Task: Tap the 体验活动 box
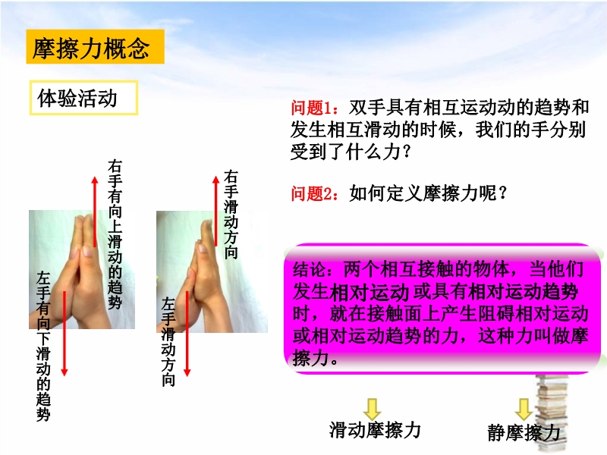pyautogui.click(x=83, y=98)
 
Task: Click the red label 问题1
pyautogui.click(x=312, y=108)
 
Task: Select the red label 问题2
pyautogui.click(x=312, y=193)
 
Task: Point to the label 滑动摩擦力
pyautogui.click(x=374, y=430)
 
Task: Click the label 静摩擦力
pyautogui.click(x=524, y=432)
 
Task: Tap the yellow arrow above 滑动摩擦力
pyautogui.click(x=372, y=409)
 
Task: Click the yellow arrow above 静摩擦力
pyautogui.click(x=524, y=409)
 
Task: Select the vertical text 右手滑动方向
pyautogui.click(x=231, y=215)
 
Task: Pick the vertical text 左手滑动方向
pyautogui.click(x=168, y=342)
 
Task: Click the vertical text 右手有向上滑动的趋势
pyautogui.click(x=115, y=234)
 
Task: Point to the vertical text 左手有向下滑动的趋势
pyautogui.click(x=43, y=347)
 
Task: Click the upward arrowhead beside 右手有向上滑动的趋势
pyautogui.click(x=95, y=180)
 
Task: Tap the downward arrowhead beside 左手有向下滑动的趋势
pyautogui.click(x=64, y=372)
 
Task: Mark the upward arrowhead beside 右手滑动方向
pyautogui.click(x=216, y=180)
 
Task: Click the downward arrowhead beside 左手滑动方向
pyautogui.click(x=187, y=372)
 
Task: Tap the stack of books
pyautogui.click(x=552, y=414)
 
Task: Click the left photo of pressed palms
pyautogui.click(x=82, y=270)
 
